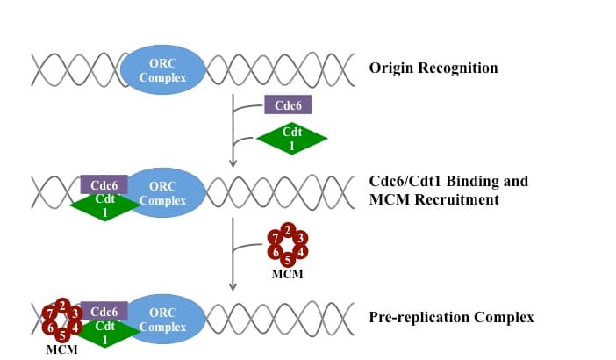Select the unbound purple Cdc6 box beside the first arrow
coord(288,105)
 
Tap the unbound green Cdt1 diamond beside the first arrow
coord(291,138)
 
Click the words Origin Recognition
coord(433,68)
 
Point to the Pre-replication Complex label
coord(451,316)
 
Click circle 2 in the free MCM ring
coord(288,231)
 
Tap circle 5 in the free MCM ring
coord(288,259)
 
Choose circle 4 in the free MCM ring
coord(301,252)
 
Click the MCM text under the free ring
coord(288,275)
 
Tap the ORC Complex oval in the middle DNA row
coord(162,193)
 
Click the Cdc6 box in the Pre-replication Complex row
coord(105,311)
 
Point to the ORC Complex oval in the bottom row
coord(162,320)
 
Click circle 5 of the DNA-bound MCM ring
coord(61,334)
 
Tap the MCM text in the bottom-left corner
coord(61,349)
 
